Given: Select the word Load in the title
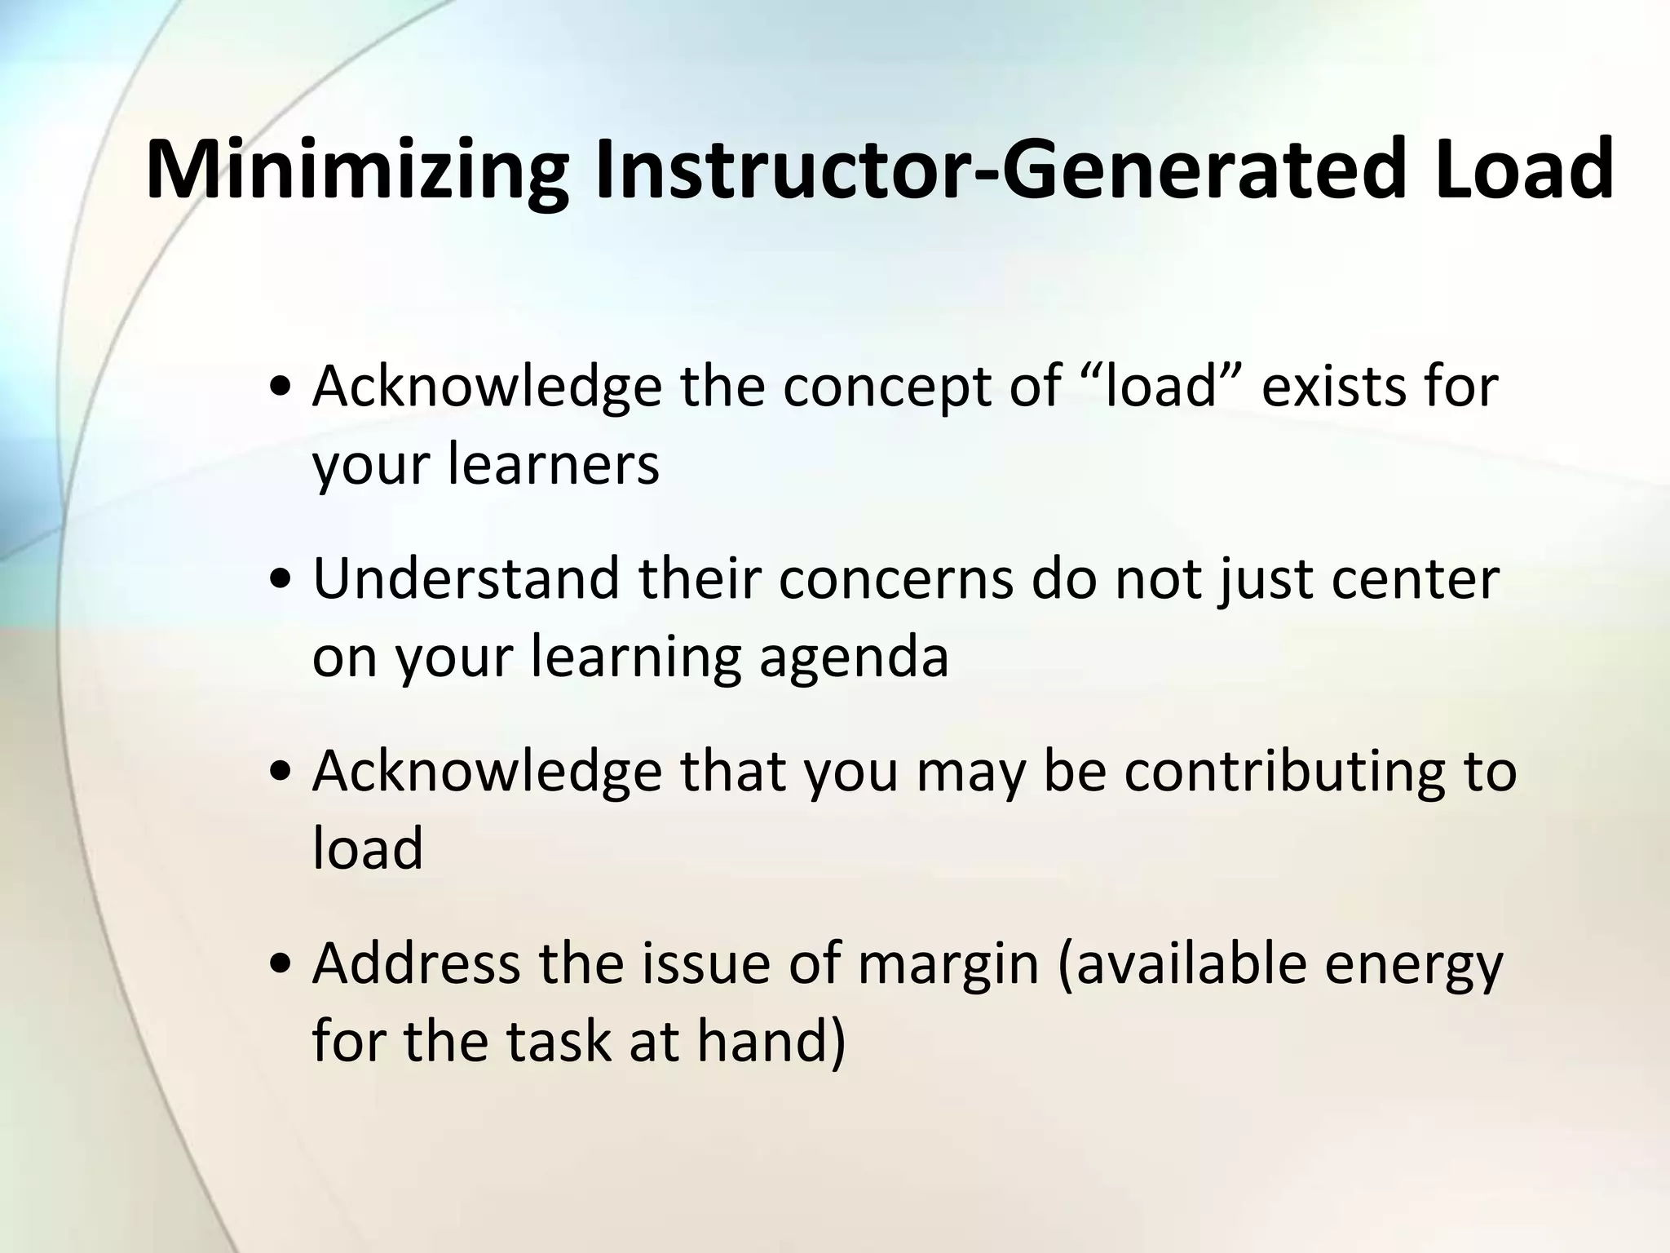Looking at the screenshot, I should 1523,171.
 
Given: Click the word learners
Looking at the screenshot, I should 554,464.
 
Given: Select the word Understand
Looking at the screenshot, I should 466,578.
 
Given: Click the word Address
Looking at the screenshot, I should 416,963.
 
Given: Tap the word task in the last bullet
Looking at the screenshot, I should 557,1042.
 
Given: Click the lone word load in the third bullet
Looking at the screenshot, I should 368,848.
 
